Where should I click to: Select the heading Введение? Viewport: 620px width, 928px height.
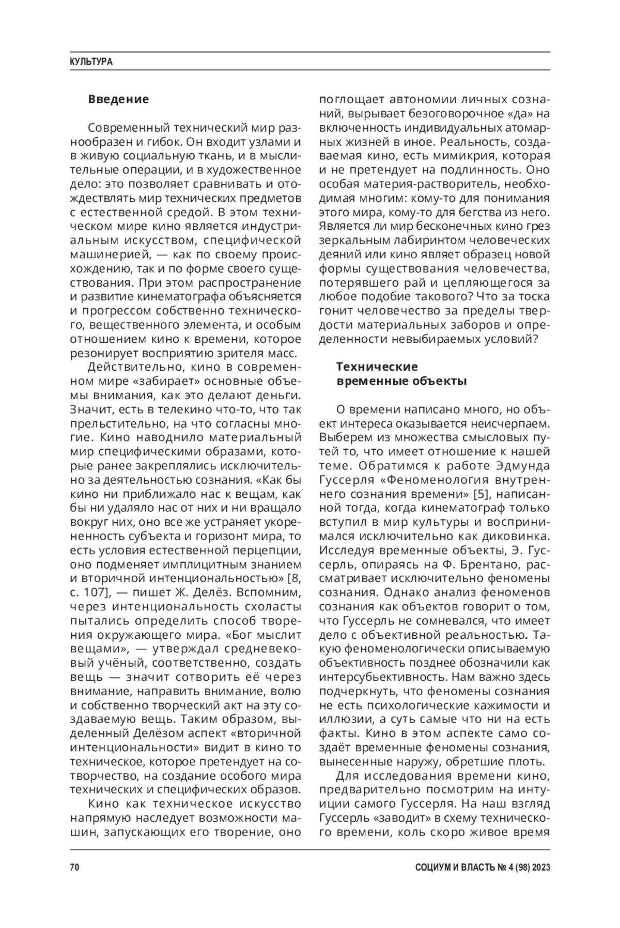(118, 99)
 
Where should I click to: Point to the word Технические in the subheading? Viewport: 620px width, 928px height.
(377, 367)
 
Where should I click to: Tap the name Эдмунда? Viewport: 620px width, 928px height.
(522, 465)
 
